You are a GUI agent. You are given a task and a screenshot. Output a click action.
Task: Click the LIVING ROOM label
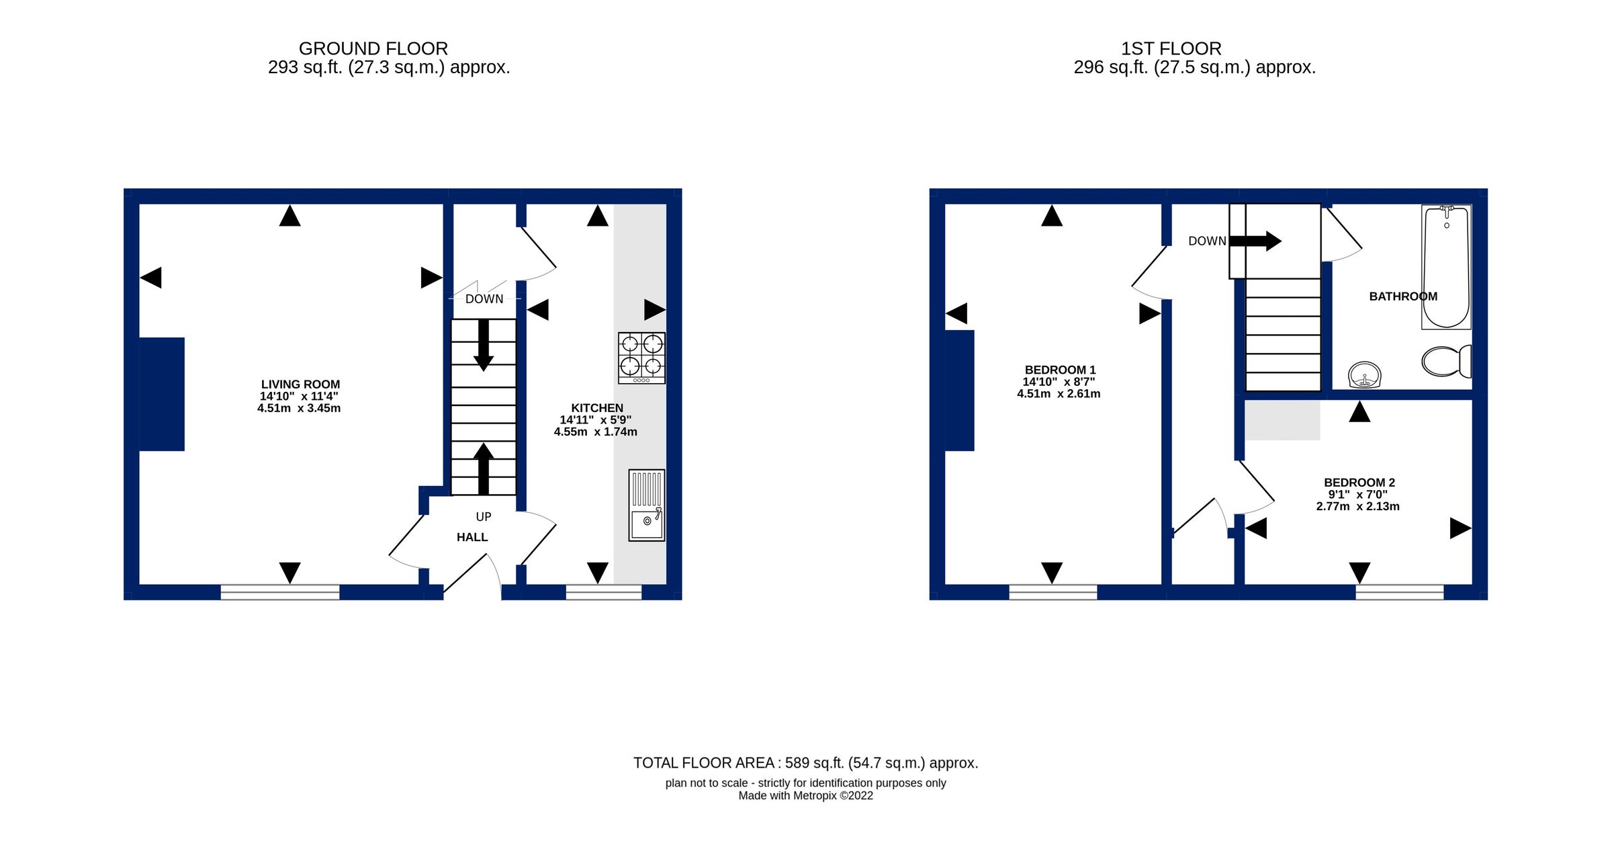pos(300,384)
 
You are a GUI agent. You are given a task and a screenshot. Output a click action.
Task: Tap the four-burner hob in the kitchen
pos(641,358)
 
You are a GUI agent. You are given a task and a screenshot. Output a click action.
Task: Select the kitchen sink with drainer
pos(646,505)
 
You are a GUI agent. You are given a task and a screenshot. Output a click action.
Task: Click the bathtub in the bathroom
pos(1446,267)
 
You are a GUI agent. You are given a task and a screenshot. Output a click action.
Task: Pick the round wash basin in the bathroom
pos(1364,374)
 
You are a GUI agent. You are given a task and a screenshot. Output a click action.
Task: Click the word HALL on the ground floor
pos(472,537)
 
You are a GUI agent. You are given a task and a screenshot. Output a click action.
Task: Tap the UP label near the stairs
pos(484,516)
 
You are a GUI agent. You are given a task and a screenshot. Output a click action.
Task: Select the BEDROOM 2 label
pos(1359,483)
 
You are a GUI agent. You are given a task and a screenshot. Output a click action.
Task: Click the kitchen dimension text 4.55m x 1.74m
pos(595,432)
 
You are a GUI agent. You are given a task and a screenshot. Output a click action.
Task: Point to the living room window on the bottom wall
pos(280,592)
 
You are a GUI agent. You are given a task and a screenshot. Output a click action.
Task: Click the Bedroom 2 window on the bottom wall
pos(1399,592)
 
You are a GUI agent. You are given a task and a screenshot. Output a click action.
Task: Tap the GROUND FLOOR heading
pos(373,48)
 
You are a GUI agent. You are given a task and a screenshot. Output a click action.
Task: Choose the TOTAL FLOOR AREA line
pos(805,763)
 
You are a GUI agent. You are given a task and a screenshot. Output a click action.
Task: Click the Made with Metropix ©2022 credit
pos(805,796)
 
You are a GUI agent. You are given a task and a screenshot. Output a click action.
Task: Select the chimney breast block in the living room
pos(161,394)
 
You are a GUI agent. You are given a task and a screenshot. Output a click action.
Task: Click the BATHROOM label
pos(1403,296)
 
